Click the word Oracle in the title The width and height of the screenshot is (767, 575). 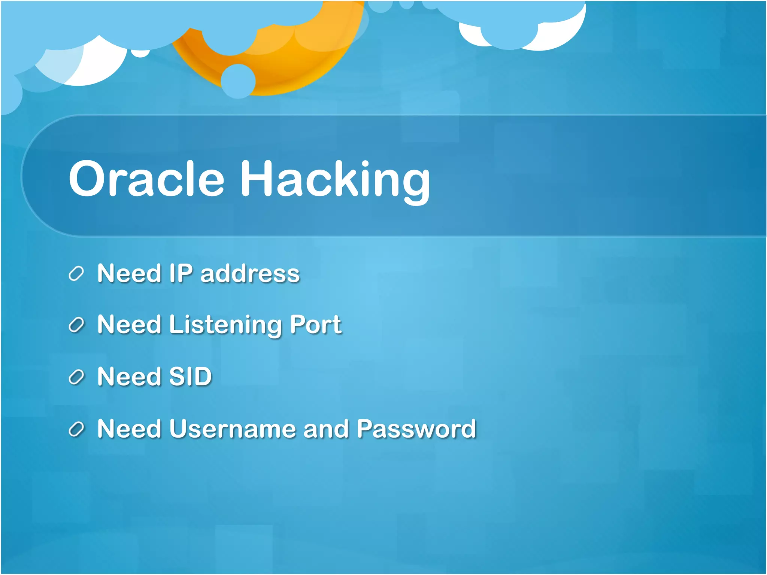146,179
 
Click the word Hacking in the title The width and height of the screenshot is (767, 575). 335,180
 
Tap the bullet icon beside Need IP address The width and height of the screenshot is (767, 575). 76,274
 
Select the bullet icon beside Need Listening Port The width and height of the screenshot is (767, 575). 76,325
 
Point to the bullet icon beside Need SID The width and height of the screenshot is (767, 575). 76,377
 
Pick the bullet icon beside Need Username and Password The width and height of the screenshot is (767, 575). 76,429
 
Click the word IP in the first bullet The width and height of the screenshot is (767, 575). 181,273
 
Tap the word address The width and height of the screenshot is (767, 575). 250,274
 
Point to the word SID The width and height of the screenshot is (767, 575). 191,377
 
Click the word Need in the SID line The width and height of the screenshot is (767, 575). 129,377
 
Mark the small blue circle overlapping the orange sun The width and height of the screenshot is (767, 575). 238,81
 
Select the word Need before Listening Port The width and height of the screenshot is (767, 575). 129,325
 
